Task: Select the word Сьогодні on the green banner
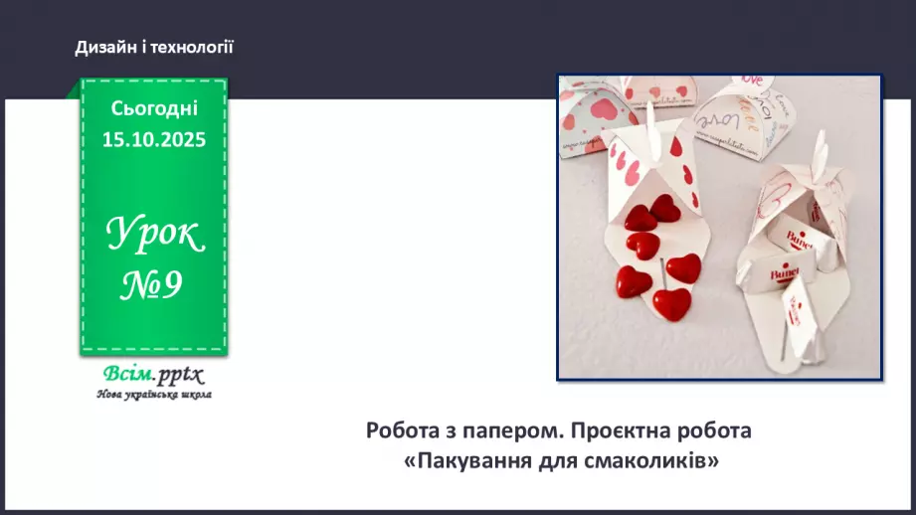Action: (154, 108)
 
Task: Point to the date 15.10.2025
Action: (154, 140)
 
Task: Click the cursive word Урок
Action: (155, 236)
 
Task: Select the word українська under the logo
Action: (154, 395)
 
